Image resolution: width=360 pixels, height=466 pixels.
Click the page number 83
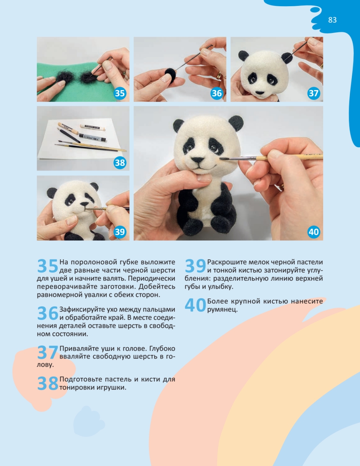(x=332, y=20)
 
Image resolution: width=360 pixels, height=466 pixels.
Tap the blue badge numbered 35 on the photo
(x=120, y=93)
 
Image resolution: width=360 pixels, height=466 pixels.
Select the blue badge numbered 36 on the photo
(x=217, y=93)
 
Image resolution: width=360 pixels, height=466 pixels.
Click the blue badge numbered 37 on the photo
(x=313, y=93)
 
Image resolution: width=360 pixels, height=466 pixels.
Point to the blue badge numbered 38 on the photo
(x=120, y=163)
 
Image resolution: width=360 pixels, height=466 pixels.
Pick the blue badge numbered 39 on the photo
(x=120, y=232)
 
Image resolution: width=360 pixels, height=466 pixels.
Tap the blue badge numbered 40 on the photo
(x=313, y=232)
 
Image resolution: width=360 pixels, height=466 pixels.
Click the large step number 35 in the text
(x=48, y=266)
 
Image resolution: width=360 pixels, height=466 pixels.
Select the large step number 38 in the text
(x=48, y=383)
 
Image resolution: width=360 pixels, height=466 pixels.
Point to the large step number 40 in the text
(x=195, y=305)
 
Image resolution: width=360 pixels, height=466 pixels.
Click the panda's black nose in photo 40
(x=198, y=160)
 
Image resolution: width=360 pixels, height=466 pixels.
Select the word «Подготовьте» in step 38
(x=81, y=379)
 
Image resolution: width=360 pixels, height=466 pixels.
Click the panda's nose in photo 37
(x=260, y=93)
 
